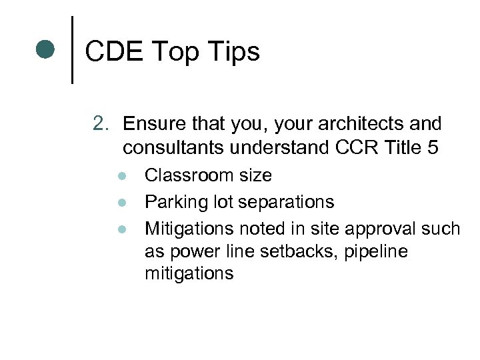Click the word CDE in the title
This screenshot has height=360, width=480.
114,51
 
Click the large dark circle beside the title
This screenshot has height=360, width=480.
45,49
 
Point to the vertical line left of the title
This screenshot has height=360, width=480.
72,50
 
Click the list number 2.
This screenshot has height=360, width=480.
101,123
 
